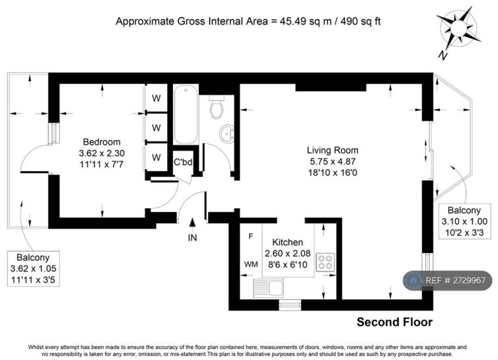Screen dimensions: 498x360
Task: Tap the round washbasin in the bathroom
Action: [228, 134]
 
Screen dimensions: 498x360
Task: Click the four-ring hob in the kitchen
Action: [326, 262]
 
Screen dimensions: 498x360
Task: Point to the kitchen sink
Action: [268, 288]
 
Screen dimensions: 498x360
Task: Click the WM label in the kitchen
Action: [251, 265]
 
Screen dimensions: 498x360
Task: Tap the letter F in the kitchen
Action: [250, 236]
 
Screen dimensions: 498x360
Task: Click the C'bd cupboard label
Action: [183, 162]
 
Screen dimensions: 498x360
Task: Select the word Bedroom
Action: [102, 141]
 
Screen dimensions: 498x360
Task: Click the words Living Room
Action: [333, 150]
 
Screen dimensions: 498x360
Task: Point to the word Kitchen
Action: [288, 243]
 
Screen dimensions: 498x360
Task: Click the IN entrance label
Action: [193, 237]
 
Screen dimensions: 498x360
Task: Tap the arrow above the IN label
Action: [192, 222]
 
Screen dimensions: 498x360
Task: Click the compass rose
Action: [458, 28]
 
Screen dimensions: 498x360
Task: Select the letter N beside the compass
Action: [443, 55]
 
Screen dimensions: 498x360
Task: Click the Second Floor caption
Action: [394, 322]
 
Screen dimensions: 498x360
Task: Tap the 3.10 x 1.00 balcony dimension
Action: [464, 221]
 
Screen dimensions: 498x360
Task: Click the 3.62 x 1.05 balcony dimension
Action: [33, 269]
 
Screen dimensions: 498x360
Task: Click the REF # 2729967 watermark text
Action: [455, 280]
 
